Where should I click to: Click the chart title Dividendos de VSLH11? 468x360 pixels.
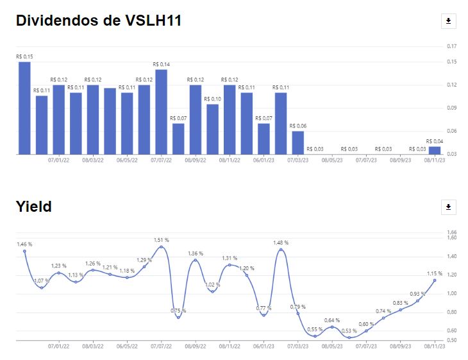pos(99,21)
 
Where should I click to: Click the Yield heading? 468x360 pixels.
pos(33,206)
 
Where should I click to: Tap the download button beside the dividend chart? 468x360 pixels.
pos(448,21)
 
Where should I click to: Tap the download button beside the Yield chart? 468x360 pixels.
pos(448,207)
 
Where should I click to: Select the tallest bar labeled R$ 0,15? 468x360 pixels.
pos(24,108)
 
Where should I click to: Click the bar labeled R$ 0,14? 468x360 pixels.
pos(161,112)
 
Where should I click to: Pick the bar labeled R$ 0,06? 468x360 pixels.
pos(297,142)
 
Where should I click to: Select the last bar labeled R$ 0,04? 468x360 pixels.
pos(435,150)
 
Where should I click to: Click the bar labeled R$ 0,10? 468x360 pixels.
pos(212,129)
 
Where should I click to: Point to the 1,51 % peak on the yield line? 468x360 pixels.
pos(161,247)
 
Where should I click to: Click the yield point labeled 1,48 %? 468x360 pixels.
pos(281,250)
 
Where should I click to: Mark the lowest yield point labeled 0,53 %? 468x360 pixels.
pos(349,338)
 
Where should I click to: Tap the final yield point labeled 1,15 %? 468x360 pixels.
pos(435,280)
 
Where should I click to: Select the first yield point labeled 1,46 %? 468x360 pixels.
pos(24,251)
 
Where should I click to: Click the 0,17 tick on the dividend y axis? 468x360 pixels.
pos(451,46)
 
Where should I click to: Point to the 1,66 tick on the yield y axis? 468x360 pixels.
pos(451,232)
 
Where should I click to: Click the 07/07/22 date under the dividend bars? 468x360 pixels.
pos(161,160)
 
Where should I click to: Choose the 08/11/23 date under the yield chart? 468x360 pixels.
pos(435,346)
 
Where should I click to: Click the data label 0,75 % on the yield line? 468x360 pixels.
pos(178,311)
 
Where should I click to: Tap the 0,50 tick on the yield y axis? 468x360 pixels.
pos(451,339)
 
